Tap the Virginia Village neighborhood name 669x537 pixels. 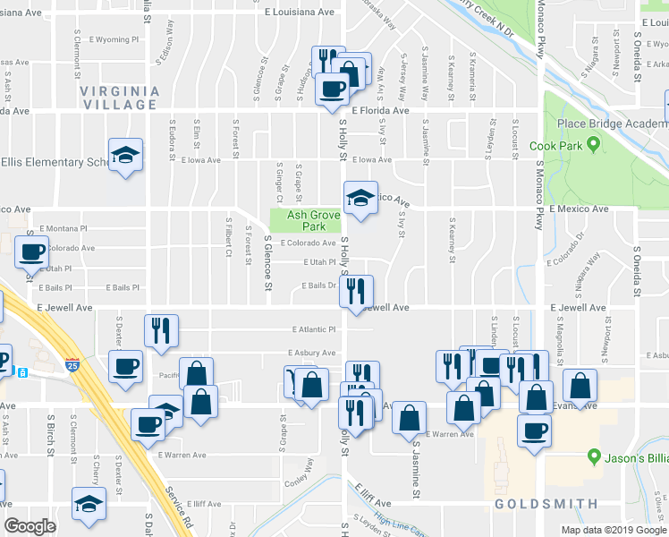[119, 98]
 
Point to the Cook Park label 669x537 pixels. [580, 146]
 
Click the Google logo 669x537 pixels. [30, 526]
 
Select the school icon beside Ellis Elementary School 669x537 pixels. [126, 154]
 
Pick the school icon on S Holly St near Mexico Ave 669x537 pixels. [360, 198]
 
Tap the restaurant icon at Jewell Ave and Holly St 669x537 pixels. [357, 290]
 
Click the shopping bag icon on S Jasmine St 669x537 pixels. [410, 418]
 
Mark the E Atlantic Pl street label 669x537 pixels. [312, 329]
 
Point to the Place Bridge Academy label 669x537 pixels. [612, 124]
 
